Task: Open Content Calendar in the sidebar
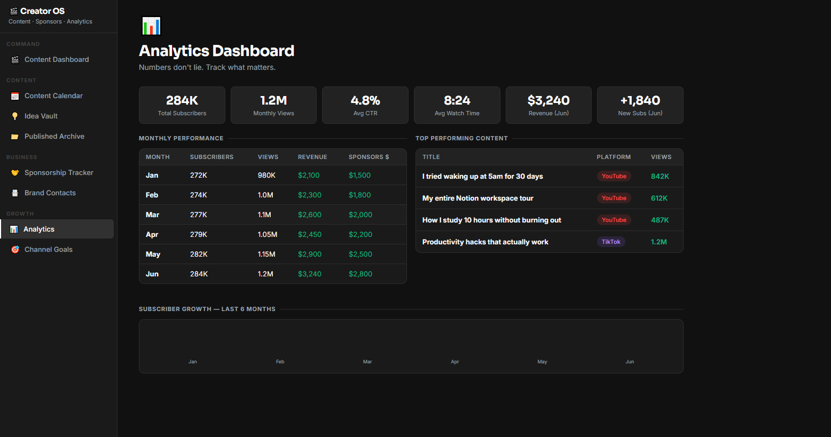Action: (53, 96)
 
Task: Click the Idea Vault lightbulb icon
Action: (15, 116)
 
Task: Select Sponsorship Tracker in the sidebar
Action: (59, 173)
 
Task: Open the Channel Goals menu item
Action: (48, 250)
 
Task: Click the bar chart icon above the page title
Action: (151, 26)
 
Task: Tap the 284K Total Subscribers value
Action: (182, 100)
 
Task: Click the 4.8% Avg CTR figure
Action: (365, 100)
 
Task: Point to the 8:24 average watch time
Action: (457, 100)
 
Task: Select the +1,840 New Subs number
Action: (640, 100)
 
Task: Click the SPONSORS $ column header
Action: (369, 157)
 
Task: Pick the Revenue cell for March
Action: (309, 214)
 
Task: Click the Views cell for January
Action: (266, 176)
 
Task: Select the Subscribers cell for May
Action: (199, 255)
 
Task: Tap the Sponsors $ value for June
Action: (360, 274)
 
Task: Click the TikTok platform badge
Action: (610, 242)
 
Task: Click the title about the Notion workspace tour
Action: (477, 198)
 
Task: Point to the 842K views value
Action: (660, 177)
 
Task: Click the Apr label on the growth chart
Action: (455, 361)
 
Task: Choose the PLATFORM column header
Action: (614, 157)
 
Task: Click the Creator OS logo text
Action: (42, 11)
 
